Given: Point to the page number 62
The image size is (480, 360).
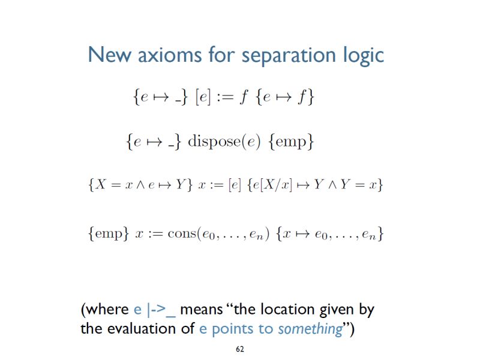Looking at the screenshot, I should point(240,349).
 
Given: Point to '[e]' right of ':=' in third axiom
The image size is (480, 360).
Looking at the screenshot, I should point(233,185).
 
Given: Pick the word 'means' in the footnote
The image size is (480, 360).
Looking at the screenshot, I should point(201,310).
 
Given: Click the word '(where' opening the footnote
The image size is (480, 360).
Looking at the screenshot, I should point(105,310).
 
